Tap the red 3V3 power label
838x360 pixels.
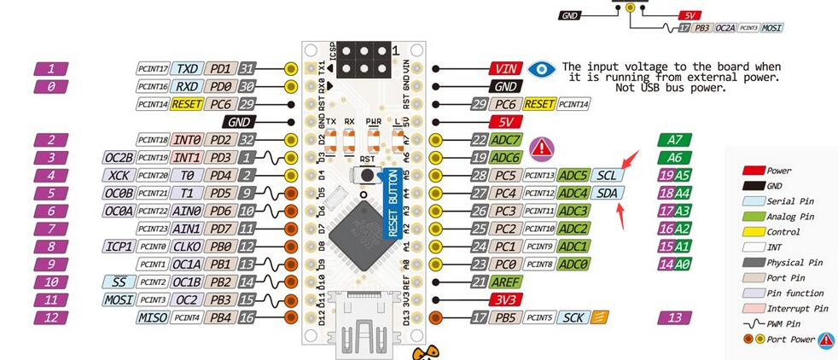pos(504,299)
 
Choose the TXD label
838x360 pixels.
pos(187,68)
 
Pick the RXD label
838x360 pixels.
pos(187,86)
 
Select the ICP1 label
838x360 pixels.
pos(119,246)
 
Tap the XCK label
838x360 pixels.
pos(119,175)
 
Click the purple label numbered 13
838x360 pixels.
pos(675,317)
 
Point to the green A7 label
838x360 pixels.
pos(675,140)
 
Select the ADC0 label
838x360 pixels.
pos(573,264)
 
